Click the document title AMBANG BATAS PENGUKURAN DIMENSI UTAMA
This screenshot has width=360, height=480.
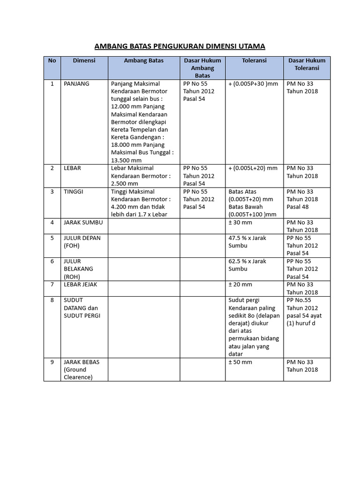[180, 46]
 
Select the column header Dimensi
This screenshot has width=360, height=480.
[84, 60]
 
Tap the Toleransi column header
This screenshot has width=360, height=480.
[254, 60]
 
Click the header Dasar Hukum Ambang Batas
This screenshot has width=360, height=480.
[202, 67]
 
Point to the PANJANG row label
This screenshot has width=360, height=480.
[76, 83]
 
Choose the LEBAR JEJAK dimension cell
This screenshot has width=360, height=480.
[80, 285]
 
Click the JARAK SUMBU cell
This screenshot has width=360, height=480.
[82, 222]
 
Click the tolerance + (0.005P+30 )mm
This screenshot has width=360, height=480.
[253, 83]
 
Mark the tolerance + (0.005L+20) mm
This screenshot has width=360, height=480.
[253, 168]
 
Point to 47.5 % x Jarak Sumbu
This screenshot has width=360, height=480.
[247, 241]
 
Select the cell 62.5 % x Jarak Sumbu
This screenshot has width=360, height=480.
[247, 265]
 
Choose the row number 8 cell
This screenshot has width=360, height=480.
[52, 300]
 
